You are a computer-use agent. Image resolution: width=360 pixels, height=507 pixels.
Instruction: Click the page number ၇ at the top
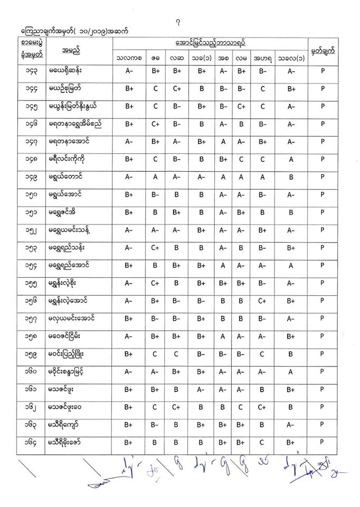point(181,22)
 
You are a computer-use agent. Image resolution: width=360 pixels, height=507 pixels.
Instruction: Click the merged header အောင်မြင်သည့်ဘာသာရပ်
point(210,42)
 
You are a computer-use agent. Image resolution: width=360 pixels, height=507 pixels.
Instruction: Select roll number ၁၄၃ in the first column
point(33,71)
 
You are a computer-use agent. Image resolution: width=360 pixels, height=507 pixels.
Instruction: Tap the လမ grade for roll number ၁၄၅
point(241,107)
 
